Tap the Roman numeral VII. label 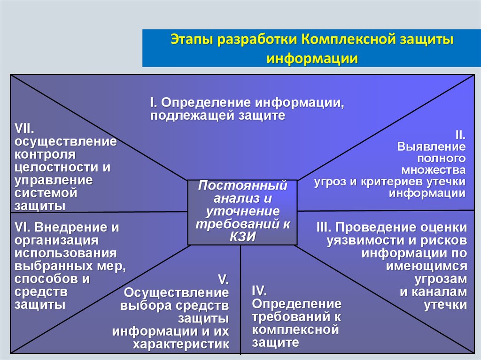(x=27, y=128)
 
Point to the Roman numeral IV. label (x=259, y=290)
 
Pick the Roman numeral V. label (x=223, y=280)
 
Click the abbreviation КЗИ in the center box (x=242, y=237)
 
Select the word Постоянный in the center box (x=242, y=185)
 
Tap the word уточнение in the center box (x=242, y=211)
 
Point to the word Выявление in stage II (x=432, y=146)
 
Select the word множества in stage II (x=434, y=169)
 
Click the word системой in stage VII (x=45, y=192)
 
